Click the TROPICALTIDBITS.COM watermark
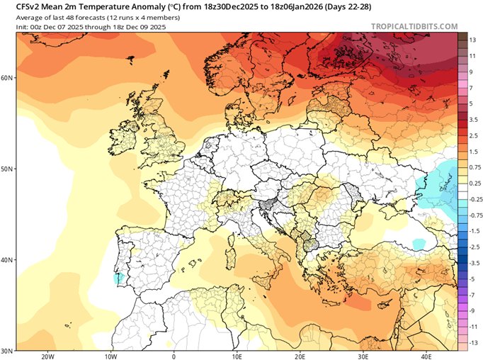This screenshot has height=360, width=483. [414, 26]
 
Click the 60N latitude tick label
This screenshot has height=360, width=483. [7, 77]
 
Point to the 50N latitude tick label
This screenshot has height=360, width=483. [7, 169]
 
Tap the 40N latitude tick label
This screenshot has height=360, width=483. [7, 260]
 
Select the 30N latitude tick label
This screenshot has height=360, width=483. [7, 351]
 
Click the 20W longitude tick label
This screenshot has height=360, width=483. [48, 356]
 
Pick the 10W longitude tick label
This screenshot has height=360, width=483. [111, 356]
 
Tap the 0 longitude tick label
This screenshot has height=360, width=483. [174, 356]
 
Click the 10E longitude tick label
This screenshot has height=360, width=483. [237, 356]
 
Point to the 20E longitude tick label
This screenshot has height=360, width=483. [300, 356]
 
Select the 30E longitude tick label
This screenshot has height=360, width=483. [363, 356]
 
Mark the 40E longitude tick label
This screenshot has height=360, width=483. [426, 356]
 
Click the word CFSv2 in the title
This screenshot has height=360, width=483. [19, 6]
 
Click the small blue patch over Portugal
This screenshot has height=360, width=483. [118, 279]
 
